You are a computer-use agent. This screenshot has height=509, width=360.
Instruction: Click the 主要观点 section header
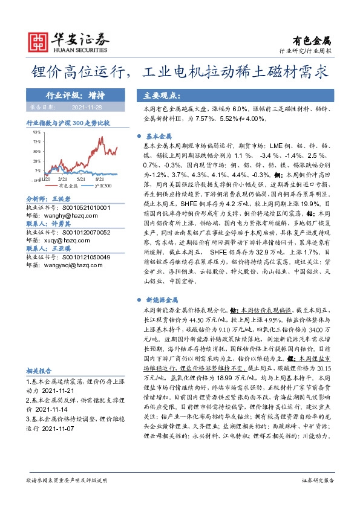[x=159, y=96]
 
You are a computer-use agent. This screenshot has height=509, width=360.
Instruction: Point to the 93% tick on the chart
[x=36, y=131]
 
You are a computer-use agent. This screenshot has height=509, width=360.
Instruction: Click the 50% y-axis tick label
[x=36, y=151]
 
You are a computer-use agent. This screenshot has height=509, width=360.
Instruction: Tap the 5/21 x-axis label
[x=82, y=179]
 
